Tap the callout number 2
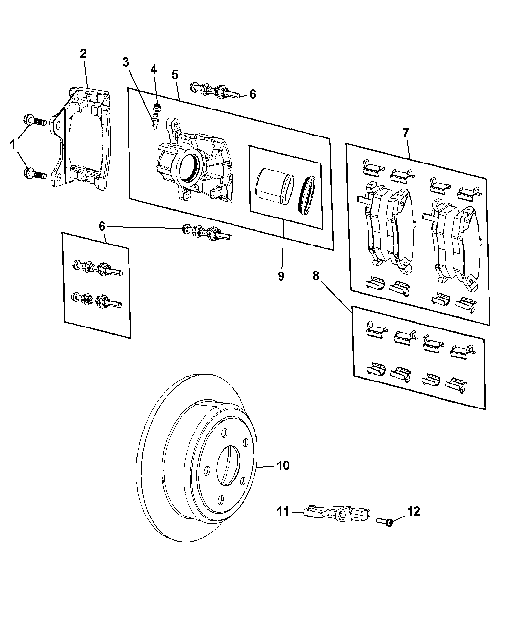(x=83, y=54)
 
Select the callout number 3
(x=126, y=62)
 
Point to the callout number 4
(x=154, y=69)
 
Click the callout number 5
(x=174, y=75)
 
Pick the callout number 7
(x=405, y=133)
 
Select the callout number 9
(x=281, y=276)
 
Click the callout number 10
(x=283, y=465)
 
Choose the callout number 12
(x=413, y=511)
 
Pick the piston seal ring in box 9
(x=309, y=195)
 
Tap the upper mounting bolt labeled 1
(x=33, y=120)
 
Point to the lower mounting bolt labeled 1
(x=33, y=173)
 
